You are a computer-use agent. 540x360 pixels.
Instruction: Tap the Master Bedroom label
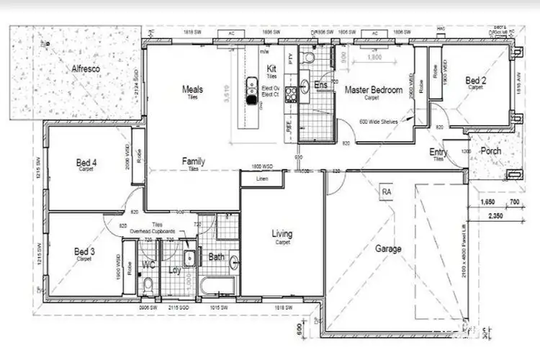373,90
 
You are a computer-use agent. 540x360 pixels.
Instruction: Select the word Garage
388,248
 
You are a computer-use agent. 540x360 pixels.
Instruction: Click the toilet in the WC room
148,285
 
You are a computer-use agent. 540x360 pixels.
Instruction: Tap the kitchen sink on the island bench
251,86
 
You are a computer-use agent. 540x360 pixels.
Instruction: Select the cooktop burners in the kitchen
291,92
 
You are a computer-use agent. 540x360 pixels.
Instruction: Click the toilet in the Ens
308,58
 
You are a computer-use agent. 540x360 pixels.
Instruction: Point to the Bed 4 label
86,164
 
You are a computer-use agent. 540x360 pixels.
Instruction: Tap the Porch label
490,151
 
